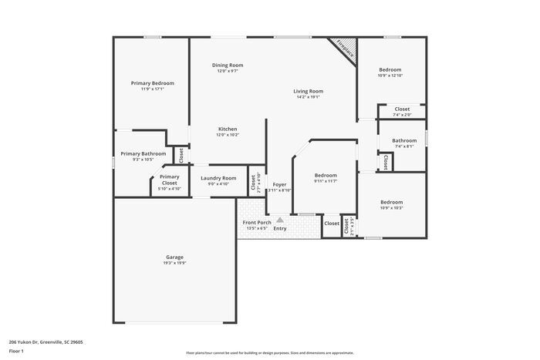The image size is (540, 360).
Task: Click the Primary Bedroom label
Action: pyautogui.click(x=152, y=82)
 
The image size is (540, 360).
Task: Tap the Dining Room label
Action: pyautogui.click(x=228, y=66)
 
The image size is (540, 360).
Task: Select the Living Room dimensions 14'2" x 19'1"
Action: pyautogui.click(x=308, y=97)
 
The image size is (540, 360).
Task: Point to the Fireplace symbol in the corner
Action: pyautogui.click(x=343, y=50)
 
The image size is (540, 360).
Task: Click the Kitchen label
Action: pyautogui.click(x=228, y=129)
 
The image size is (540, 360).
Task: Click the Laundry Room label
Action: pyautogui.click(x=218, y=178)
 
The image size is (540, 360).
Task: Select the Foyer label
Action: pyautogui.click(x=279, y=185)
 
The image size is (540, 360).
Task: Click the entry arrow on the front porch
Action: pyautogui.click(x=280, y=220)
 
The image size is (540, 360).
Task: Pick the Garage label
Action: pyautogui.click(x=174, y=257)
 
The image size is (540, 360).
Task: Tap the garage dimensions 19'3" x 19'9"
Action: pyautogui.click(x=174, y=264)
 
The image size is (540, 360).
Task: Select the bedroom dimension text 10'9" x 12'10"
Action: pyautogui.click(x=390, y=76)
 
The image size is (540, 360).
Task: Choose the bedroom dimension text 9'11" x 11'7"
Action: pyautogui.click(x=326, y=181)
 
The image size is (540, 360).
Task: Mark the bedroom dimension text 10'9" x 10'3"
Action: pyautogui.click(x=391, y=208)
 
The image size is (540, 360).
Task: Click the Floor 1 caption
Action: pyautogui.click(x=16, y=351)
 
